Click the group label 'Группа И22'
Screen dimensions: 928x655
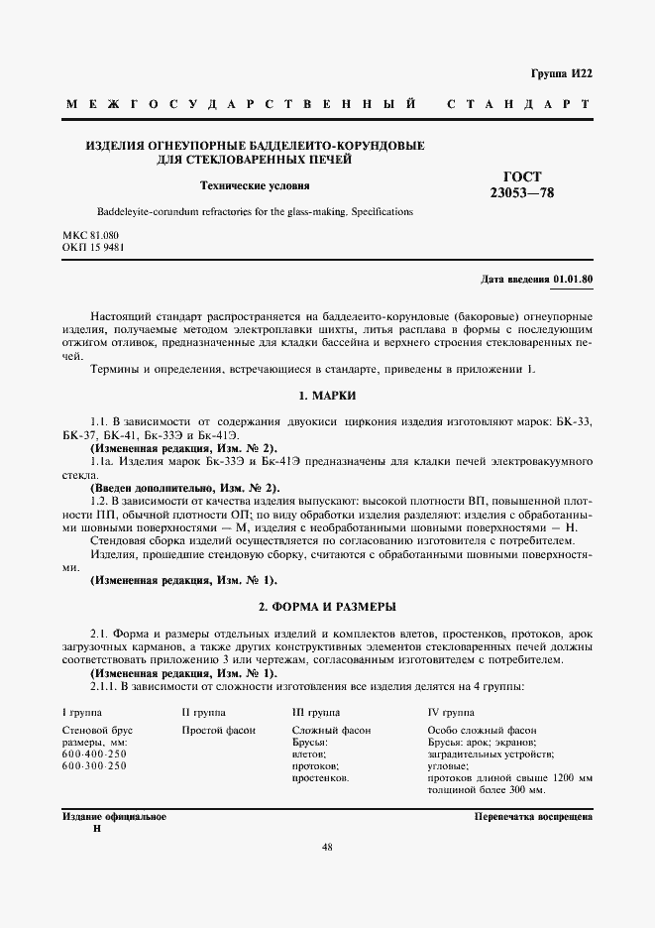[x=562, y=73]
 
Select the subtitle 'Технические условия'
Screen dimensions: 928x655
[x=255, y=184]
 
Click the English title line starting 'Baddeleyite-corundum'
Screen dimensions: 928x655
[x=255, y=212]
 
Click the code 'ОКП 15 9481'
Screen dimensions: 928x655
[x=93, y=247]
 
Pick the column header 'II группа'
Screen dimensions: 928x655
[x=203, y=712]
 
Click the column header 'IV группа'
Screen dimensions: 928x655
[x=450, y=712]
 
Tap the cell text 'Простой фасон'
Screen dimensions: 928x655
[x=219, y=730]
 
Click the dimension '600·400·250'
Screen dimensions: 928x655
[x=94, y=754]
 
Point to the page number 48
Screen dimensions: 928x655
[x=327, y=847]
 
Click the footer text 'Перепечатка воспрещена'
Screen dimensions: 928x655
[x=533, y=817]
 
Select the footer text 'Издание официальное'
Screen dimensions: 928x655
[x=114, y=817]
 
